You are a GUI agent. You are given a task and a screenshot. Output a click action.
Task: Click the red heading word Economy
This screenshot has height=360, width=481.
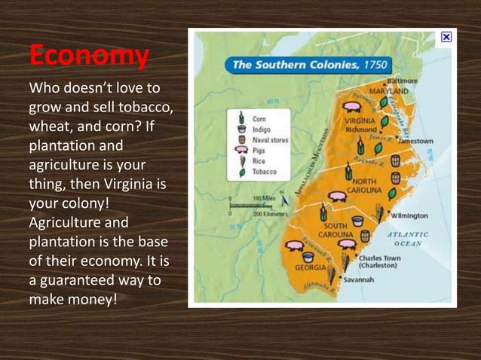[89, 56]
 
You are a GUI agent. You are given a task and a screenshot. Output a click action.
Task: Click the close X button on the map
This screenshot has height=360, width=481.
[446, 36]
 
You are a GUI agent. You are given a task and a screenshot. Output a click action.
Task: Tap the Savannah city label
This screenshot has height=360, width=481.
[359, 279]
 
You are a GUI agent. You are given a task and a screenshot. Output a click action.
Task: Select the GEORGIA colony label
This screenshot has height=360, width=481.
[310, 267]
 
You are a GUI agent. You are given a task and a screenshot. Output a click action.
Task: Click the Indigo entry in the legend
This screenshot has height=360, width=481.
[261, 129]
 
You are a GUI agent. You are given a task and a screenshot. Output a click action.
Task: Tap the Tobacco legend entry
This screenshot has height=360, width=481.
[265, 172]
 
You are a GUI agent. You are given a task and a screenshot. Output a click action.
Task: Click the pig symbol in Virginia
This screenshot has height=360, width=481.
[351, 105]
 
